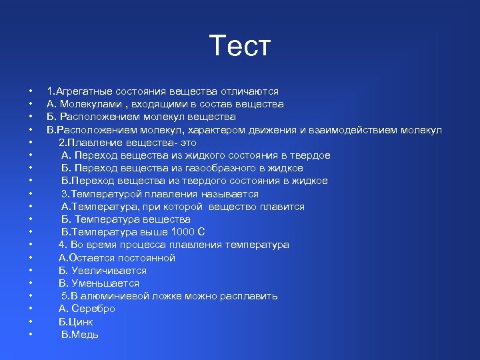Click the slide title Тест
point(240,46)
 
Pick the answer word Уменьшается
point(105,283)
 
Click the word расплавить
point(249,296)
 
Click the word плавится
point(283,207)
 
